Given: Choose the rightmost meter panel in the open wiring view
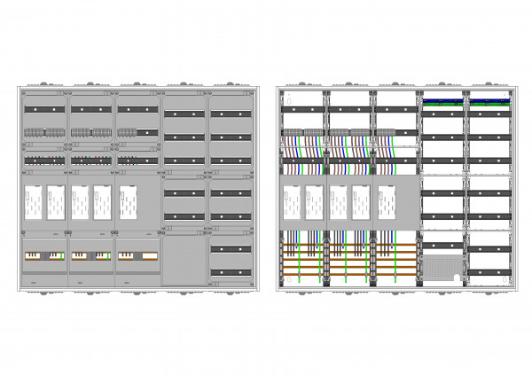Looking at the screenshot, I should click(382, 203).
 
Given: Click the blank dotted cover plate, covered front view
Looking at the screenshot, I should click(184, 260).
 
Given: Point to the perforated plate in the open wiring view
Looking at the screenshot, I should click(442, 267).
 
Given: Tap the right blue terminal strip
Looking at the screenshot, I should click(489, 101).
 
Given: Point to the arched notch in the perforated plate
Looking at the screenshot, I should click(458, 278).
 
